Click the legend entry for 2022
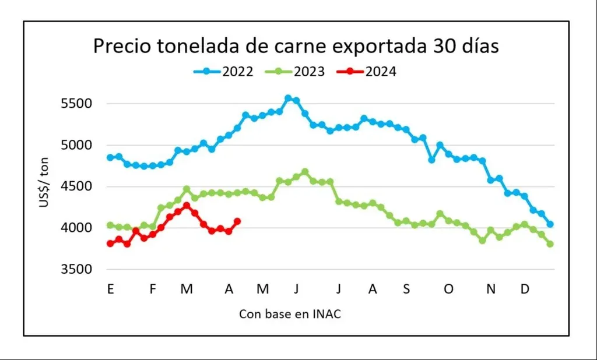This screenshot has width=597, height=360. tap(223, 72)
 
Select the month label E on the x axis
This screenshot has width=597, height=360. tap(110, 289)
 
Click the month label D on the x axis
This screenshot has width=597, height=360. tap(525, 289)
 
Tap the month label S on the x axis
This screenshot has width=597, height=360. tap(406, 289)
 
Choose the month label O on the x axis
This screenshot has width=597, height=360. tap(448, 289)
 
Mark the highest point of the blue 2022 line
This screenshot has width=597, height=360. tap(288, 98)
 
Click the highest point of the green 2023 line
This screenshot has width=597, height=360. tap(305, 172)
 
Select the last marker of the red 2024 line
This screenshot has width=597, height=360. tap(237, 221)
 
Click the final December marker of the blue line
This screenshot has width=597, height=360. tap(550, 224)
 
